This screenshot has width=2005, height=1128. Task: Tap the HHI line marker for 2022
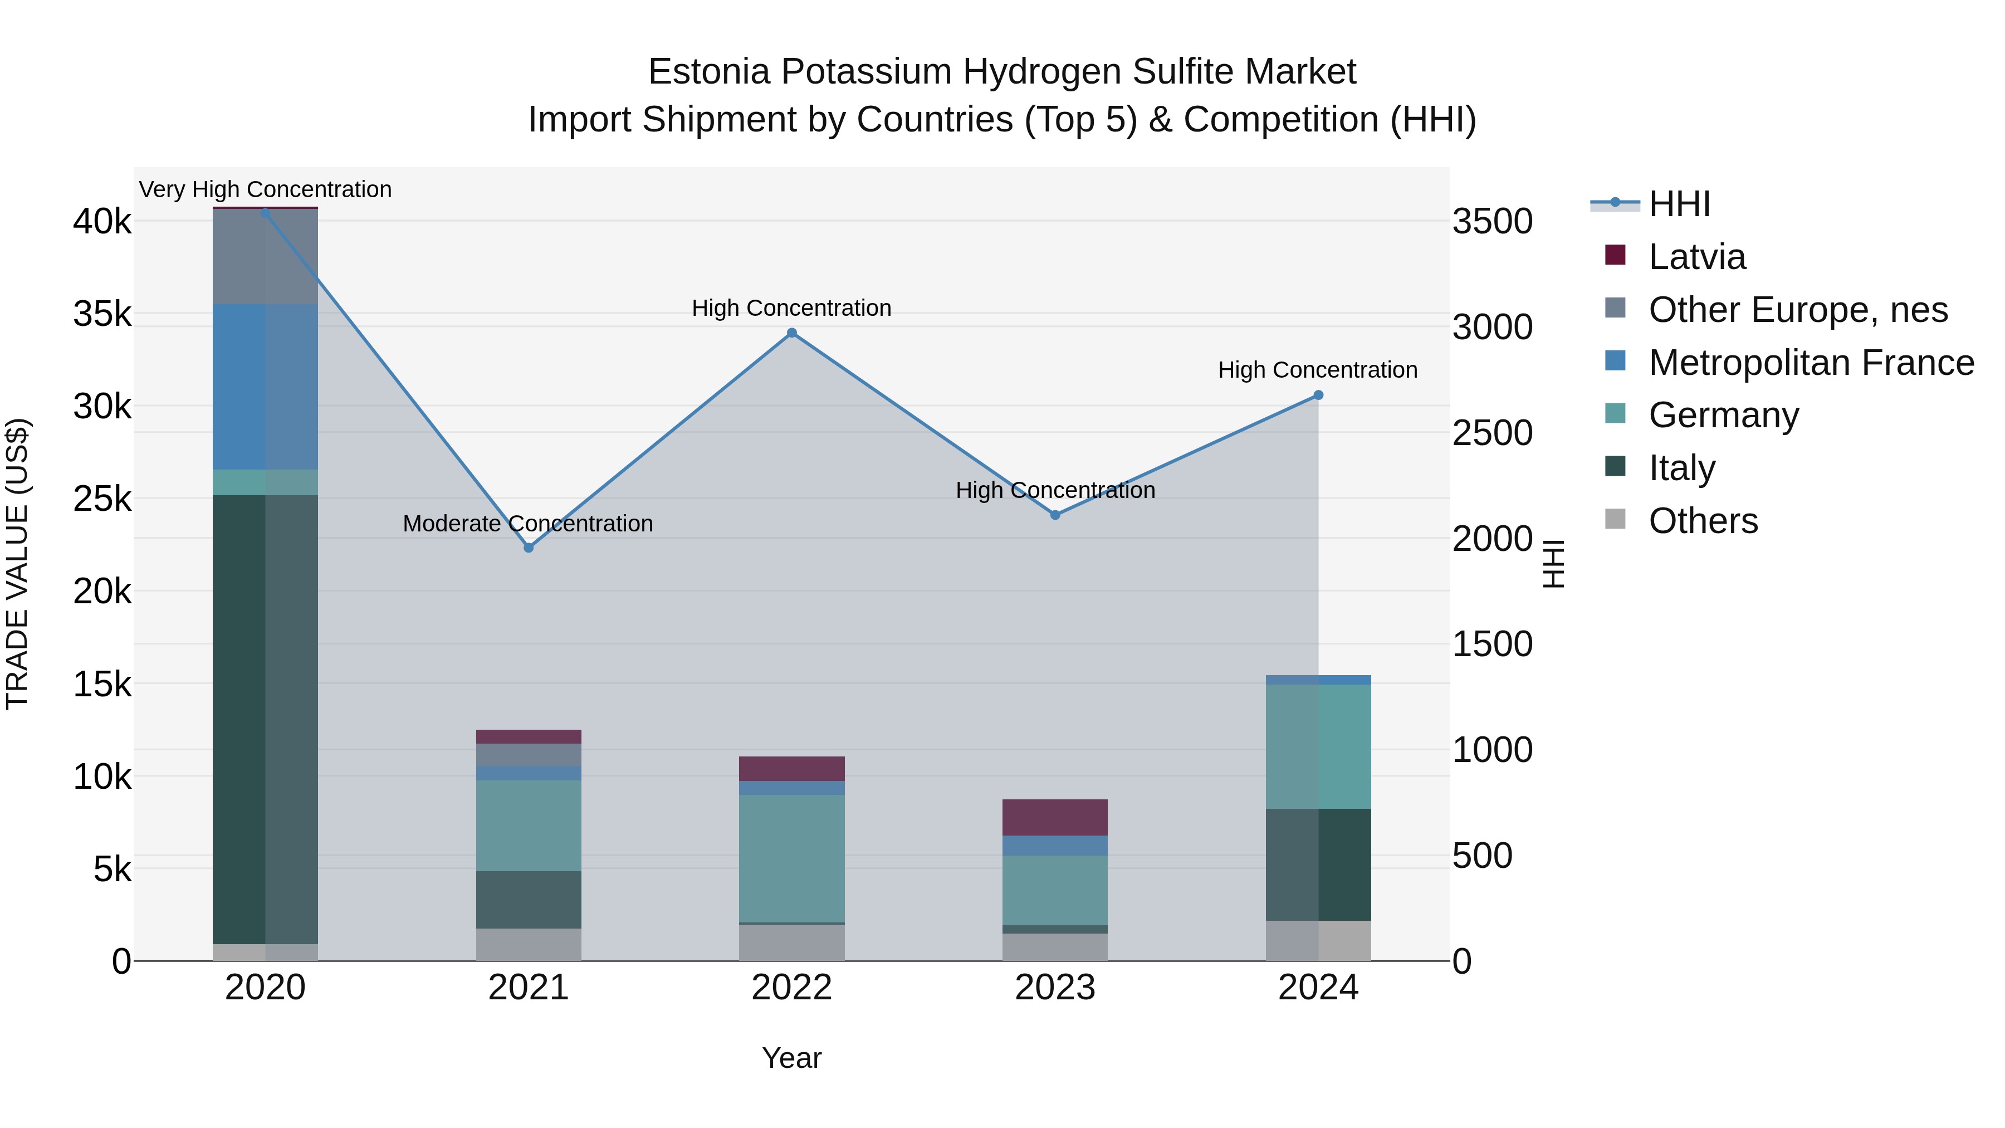tap(791, 333)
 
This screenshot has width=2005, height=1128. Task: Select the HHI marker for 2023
tap(1055, 515)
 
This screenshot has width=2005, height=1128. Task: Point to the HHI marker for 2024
tap(1318, 395)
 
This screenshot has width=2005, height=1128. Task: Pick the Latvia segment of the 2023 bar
tap(1055, 817)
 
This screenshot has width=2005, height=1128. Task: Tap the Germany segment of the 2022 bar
tap(791, 858)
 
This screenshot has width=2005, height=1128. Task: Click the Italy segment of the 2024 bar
tap(1318, 865)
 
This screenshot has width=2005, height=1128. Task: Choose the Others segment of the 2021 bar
tap(529, 944)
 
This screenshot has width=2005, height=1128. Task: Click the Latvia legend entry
tap(1697, 257)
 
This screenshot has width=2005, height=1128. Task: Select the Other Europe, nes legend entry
tap(1798, 310)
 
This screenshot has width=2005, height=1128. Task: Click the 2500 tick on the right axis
tap(1493, 433)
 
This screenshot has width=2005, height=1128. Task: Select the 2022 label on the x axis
tap(791, 988)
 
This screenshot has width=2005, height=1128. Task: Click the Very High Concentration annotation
tap(266, 190)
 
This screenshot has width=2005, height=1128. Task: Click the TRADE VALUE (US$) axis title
tap(17, 564)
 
